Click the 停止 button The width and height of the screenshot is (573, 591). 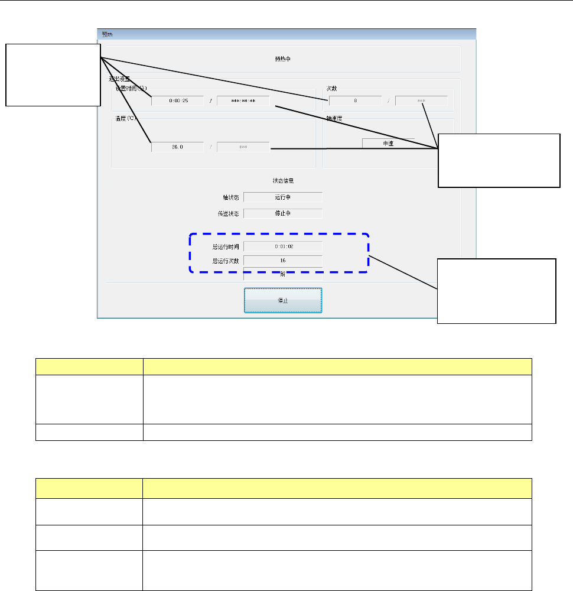pos(283,300)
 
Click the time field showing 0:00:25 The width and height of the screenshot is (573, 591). pos(177,100)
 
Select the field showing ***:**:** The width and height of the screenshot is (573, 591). pos(243,100)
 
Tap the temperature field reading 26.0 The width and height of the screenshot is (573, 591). pos(177,147)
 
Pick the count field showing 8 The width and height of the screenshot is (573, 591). pos(355,100)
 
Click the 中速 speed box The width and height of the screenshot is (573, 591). pos(388,143)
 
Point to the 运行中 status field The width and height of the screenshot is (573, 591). pos(283,197)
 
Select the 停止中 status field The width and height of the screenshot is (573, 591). pos(283,213)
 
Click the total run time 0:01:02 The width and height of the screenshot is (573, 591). pos(283,245)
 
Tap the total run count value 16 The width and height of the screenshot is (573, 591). pos(283,260)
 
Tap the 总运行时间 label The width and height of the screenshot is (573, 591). pos(223,245)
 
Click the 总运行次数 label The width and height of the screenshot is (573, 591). pos(223,260)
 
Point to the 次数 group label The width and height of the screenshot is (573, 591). pos(331,88)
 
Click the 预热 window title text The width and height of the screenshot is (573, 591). pos(107,34)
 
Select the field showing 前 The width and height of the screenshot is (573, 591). pos(283,274)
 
